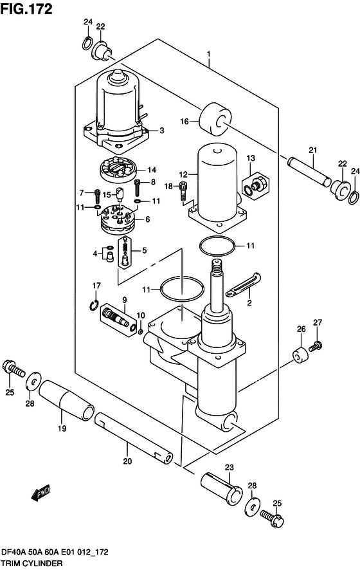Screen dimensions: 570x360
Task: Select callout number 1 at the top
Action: [209, 54]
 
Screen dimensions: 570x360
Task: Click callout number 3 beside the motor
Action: [161, 131]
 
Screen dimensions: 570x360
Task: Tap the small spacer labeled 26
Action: [298, 354]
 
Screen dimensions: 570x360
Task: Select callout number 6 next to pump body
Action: [148, 219]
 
